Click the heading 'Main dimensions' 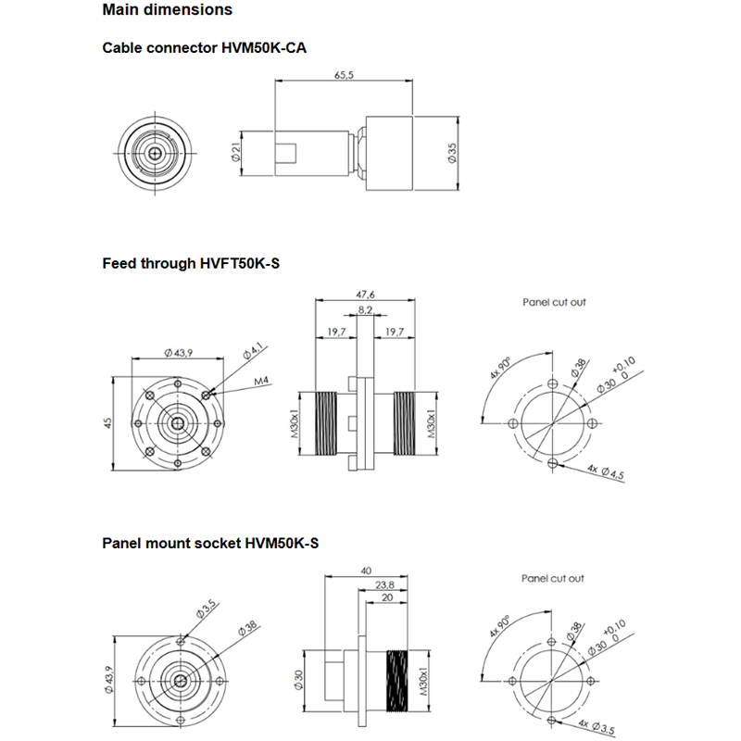pyautogui.click(x=168, y=11)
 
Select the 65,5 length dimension pyautogui.click(x=344, y=75)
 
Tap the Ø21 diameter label pyautogui.click(x=237, y=154)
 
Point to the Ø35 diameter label pyautogui.click(x=451, y=154)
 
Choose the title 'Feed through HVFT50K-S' pyautogui.click(x=191, y=264)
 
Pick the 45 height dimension pyautogui.click(x=108, y=422)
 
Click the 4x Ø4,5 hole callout pyautogui.click(x=606, y=472)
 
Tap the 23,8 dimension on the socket pyautogui.click(x=386, y=585)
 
